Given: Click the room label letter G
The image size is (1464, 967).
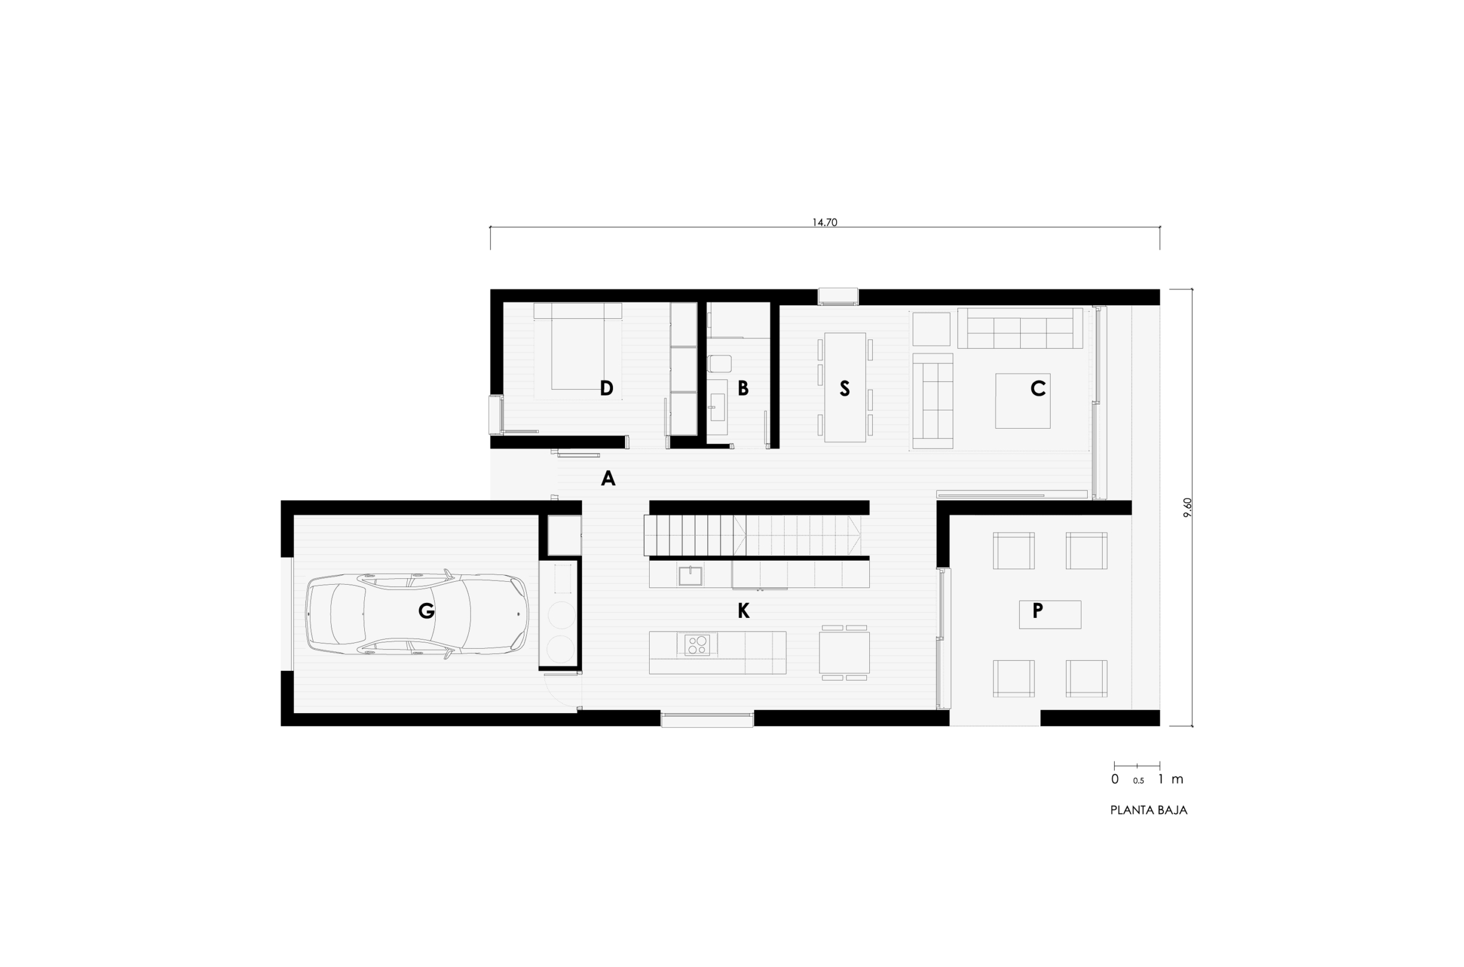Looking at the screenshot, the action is coord(426,610).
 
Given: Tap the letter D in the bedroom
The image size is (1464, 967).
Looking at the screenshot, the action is coord(606,388).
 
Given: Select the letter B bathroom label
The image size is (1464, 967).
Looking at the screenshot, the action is coord(743,388).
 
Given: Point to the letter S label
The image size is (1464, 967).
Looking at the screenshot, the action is coord(845,388).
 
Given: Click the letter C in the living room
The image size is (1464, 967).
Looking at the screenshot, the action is coord(1038,388).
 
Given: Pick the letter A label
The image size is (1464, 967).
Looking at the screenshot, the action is coord(608,478).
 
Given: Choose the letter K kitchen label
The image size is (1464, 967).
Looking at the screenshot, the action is coord(743,610).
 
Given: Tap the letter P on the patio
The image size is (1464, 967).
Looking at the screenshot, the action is coord(1038,610).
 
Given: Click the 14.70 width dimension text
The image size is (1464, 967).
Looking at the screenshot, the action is coord(824,223).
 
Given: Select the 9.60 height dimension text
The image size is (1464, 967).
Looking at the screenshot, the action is coord(1188,507).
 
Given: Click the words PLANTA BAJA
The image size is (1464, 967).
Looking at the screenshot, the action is coord(1148,810).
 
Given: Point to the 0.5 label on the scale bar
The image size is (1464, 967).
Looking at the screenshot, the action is coord(1138,781).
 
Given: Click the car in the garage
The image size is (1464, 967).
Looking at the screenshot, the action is coord(417,614).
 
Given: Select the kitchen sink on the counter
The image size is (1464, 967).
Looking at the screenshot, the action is coord(690,576).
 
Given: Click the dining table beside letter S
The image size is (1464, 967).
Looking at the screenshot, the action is coord(845,387).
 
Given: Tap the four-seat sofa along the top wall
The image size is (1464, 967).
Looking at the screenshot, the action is coord(1020,328).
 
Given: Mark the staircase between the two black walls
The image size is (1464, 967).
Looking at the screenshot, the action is coord(753,536).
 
